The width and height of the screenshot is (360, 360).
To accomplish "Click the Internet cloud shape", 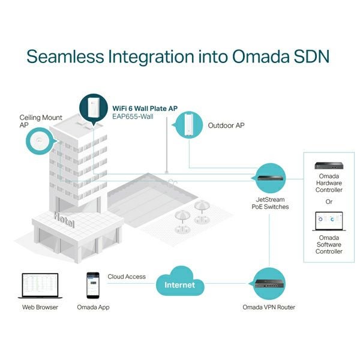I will (180, 284).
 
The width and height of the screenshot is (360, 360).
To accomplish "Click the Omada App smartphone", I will (92, 285).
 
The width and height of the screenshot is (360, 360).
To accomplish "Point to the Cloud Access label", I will (127, 277).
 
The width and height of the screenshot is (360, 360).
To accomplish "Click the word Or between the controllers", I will (329, 202).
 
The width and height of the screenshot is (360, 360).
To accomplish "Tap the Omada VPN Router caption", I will (268, 307).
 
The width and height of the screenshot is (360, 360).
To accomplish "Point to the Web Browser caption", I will (40, 307).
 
